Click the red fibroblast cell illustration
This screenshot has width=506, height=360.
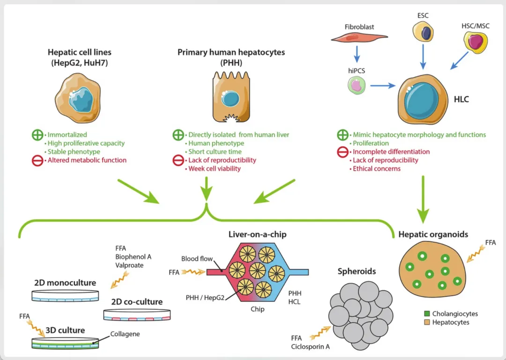click(360, 37)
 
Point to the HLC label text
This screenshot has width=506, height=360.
click(461, 100)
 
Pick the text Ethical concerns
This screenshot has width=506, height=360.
click(377, 168)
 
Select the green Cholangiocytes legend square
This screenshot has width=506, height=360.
click(426, 314)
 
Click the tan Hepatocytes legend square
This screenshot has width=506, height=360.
click(426, 322)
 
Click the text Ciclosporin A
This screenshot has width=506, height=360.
click(312, 347)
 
